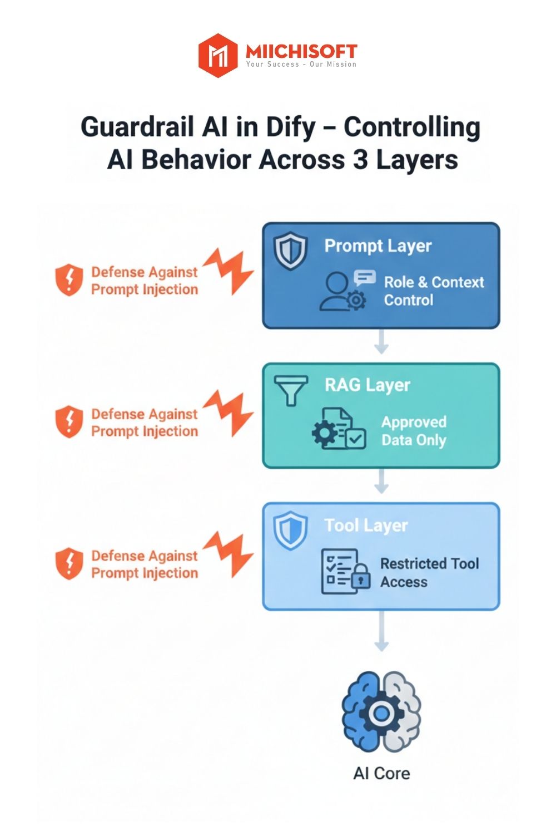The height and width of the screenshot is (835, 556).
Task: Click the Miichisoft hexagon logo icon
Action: (x=218, y=55)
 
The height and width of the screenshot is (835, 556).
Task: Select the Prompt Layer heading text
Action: (x=378, y=245)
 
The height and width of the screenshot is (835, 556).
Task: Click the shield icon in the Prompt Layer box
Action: (x=290, y=251)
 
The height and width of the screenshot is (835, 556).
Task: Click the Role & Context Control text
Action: (x=434, y=291)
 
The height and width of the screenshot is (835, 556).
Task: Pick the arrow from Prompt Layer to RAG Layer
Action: (x=381, y=342)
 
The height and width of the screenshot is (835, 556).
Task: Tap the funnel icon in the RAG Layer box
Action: (x=291, y=389)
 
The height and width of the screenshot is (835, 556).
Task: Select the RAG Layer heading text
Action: (x=368, y=385)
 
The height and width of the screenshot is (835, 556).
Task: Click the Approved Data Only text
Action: (x=414, y=431)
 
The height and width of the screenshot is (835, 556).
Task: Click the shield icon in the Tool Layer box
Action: (x=290, y=531)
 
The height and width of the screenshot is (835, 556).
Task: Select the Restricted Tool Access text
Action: (x=429, y=572)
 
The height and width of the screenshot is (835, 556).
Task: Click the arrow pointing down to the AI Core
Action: (x=381, y=632)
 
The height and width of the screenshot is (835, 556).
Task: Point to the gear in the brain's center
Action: (x=381, y=713)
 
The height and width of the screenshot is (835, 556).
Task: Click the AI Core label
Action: (x=381, y=773)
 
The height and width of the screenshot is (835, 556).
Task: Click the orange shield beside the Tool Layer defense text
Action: (x=69, y=563)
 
